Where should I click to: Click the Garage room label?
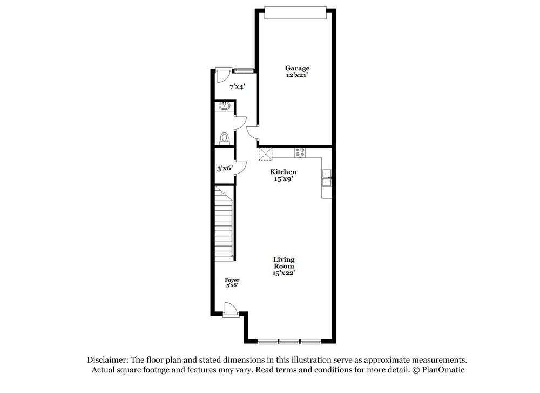pyautogui.click(x=298, y=68)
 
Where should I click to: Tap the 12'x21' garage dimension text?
pyautogui.click(x=298, y=76)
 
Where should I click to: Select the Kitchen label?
pyautogui.click(x=283, y=172)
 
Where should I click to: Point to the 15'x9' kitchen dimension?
pyautogui.click(x=283, y=179)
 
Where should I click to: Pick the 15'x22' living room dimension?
pyautogui.click(x=283, y=273)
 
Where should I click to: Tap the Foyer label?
pyautogui.click(x=232, y=280)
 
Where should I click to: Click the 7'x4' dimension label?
pyautogui.click(x=237, y=86)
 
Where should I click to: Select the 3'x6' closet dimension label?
pyautogui.click(x=225, y=168)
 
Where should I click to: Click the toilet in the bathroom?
pyautogui.click(x=225, y=137)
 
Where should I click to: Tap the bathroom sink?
pyautogui.click(x=225, y=106)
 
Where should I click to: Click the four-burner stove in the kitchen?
pyautogui.click(x=300, y=152)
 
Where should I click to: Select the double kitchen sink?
pyautogui.click(x=327, y=178)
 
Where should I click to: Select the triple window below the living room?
pyautogui.click(x=289, y=341)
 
